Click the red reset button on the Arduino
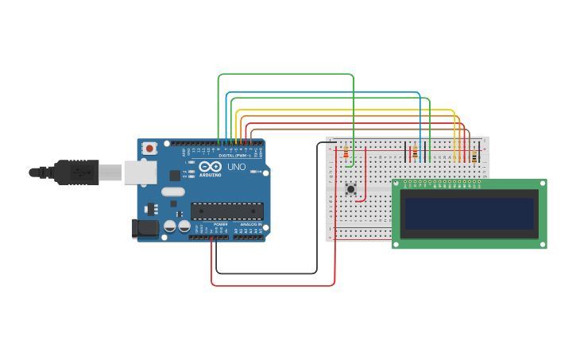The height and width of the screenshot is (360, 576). [x=149, y=148]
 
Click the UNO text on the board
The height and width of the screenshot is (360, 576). [x=236, y=167]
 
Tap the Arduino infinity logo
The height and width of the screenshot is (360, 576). [x=210, y=168]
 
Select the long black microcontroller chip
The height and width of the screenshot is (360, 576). [x=226, y=211]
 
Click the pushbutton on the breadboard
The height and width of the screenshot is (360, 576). [x=350, y=188]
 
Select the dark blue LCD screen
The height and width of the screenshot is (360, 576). [x=469, y=214]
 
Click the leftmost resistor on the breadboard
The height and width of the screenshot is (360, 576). [x=346, y=152]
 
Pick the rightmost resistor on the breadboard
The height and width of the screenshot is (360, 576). [x=474, y=156]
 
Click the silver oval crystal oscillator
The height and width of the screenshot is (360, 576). [x=172, y=192]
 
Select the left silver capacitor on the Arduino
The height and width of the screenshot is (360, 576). [x=169, y=226]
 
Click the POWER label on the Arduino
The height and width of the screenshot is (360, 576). [x=220, y=224]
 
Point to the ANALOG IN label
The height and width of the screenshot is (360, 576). [x=251, y=224]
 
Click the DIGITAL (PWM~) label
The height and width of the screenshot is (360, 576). [x=234, y=155]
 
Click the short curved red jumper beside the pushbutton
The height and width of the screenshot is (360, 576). [x=364, y=196]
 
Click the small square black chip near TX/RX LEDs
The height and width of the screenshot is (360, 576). [x=175, y=175]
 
